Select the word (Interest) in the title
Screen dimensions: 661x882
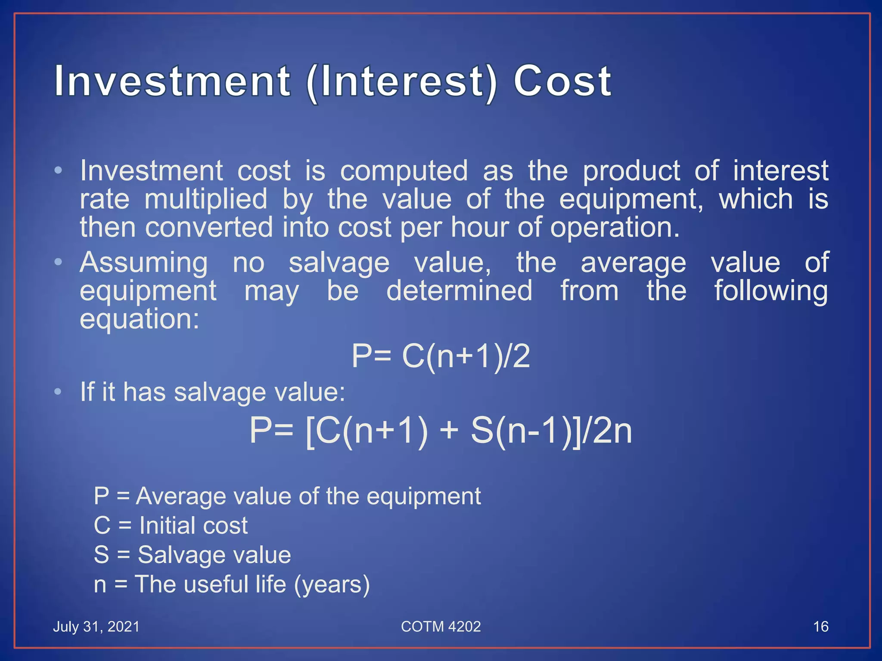coord(402,82)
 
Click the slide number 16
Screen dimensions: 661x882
coord(820,627)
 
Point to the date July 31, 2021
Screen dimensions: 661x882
coord(96,627)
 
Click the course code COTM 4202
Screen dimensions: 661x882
coord(441,627)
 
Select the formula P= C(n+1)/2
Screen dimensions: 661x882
coord(441,356)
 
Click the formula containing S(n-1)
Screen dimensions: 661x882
coord(441,431)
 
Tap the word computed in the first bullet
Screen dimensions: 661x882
coord(404,171)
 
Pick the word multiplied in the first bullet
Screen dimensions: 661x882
coord(206,200)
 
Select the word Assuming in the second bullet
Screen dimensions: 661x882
coord(144,263)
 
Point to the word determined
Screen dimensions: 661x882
coord(459,291)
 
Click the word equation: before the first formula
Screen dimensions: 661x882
coord(140,319)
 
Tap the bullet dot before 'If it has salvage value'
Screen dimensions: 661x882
coord(58,392)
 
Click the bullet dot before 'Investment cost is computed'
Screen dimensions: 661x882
coord(58,171)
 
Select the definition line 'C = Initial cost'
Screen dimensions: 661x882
coord(171,525)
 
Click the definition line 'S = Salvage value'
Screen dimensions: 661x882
coord(192,555)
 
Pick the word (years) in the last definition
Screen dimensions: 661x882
coord(332,585)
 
